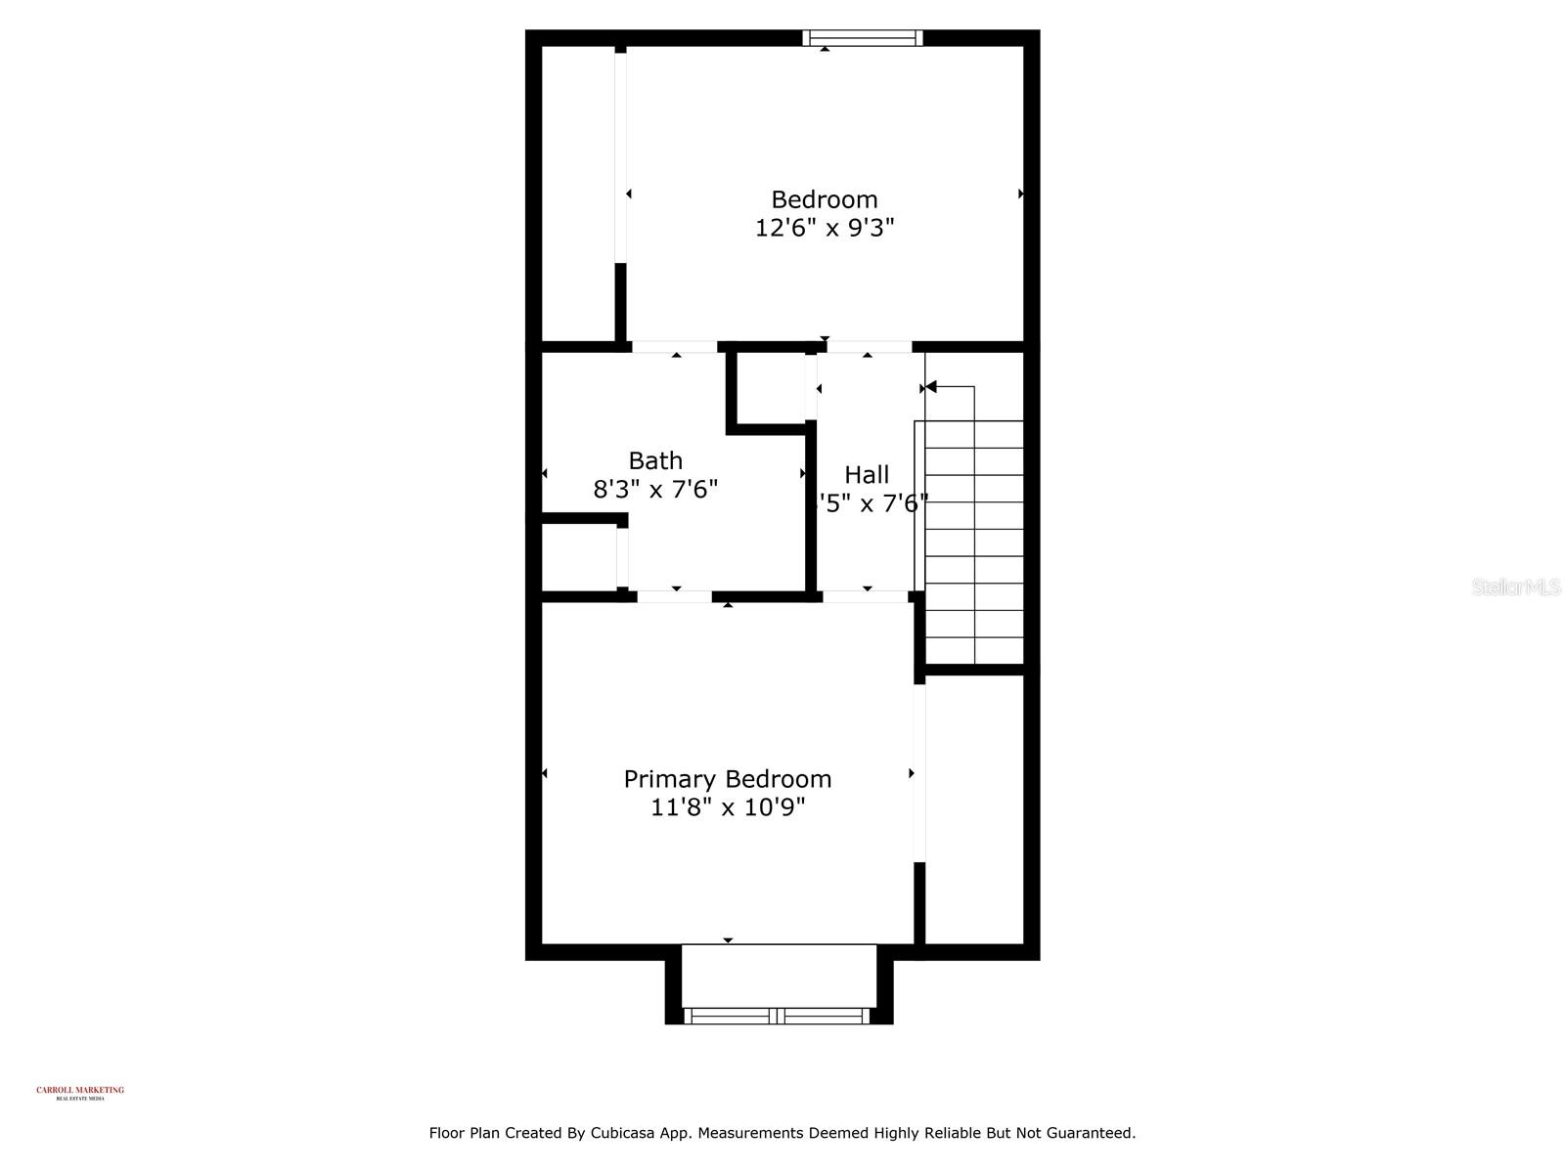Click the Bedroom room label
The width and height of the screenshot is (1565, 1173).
[824, 199]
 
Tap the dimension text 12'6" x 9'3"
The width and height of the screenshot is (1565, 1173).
[824, 228]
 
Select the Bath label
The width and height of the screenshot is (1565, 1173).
[655, 460]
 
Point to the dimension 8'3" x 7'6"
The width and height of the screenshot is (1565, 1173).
[655, 489]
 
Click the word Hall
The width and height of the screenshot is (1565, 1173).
[867, 475]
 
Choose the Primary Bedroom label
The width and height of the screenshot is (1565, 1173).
[728, 779]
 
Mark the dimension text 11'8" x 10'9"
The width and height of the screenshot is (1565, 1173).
[728, 807]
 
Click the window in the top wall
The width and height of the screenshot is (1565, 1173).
[863, 38]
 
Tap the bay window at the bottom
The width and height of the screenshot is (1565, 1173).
[778, 1016]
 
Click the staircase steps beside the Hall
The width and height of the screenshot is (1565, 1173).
[973, 543]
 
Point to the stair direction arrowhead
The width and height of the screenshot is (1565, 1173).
[931, 388]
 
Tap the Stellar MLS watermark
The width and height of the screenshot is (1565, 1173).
[1516, 587]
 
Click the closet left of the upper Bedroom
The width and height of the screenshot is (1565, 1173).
[578, 195]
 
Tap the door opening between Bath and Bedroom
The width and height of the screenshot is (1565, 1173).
[675, 347]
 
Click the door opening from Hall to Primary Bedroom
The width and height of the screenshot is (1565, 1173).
[866, 596]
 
